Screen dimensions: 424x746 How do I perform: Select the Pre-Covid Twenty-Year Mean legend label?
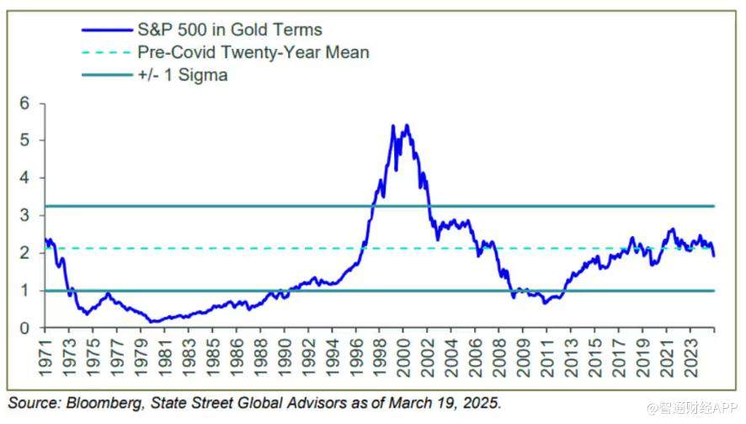coord(253,52)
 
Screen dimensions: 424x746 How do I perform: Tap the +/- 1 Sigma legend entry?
coord(182,75)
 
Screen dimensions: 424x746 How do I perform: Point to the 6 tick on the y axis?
coord(24,103)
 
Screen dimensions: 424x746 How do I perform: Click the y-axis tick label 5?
coord(24,140)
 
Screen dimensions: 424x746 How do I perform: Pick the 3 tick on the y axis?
coord(24,215)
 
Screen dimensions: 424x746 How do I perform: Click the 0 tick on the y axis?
coord(24,328)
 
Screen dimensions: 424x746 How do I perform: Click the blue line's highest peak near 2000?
coord(408,126)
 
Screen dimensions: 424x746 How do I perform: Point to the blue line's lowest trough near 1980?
coord(152,321)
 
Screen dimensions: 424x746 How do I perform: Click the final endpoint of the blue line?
coord(714,255)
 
